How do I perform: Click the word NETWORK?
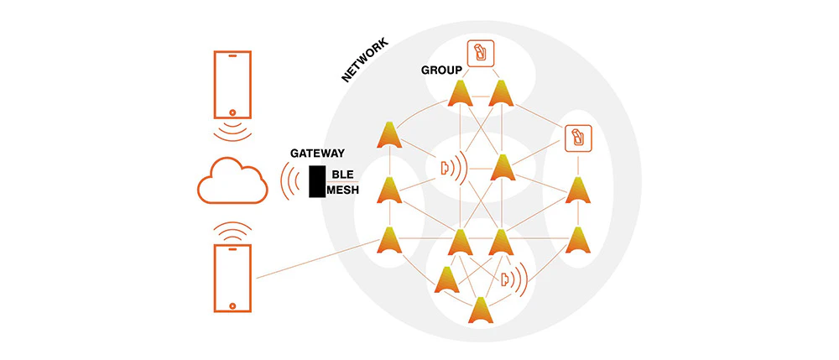tap(365, 60)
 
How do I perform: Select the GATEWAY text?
tap(317, 153)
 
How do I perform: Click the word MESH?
tap(342, 190)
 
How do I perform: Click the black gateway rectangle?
tap(317, 181)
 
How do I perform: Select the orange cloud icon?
tap(232, 180)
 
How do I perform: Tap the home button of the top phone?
tap(232, 113)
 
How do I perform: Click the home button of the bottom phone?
tap(232, 306)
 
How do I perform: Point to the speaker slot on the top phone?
tap(232, 55)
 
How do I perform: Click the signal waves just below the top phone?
tap(232, 132)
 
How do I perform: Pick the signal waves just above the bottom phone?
tap(232, 231)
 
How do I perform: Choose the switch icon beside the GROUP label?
tap(480, 54)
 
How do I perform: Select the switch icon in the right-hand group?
tap(578, 138)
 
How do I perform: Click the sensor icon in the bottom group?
tap(514, 278)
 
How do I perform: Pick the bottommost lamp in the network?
tap(481, 310)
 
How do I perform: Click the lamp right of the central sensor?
tap(503, 168)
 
